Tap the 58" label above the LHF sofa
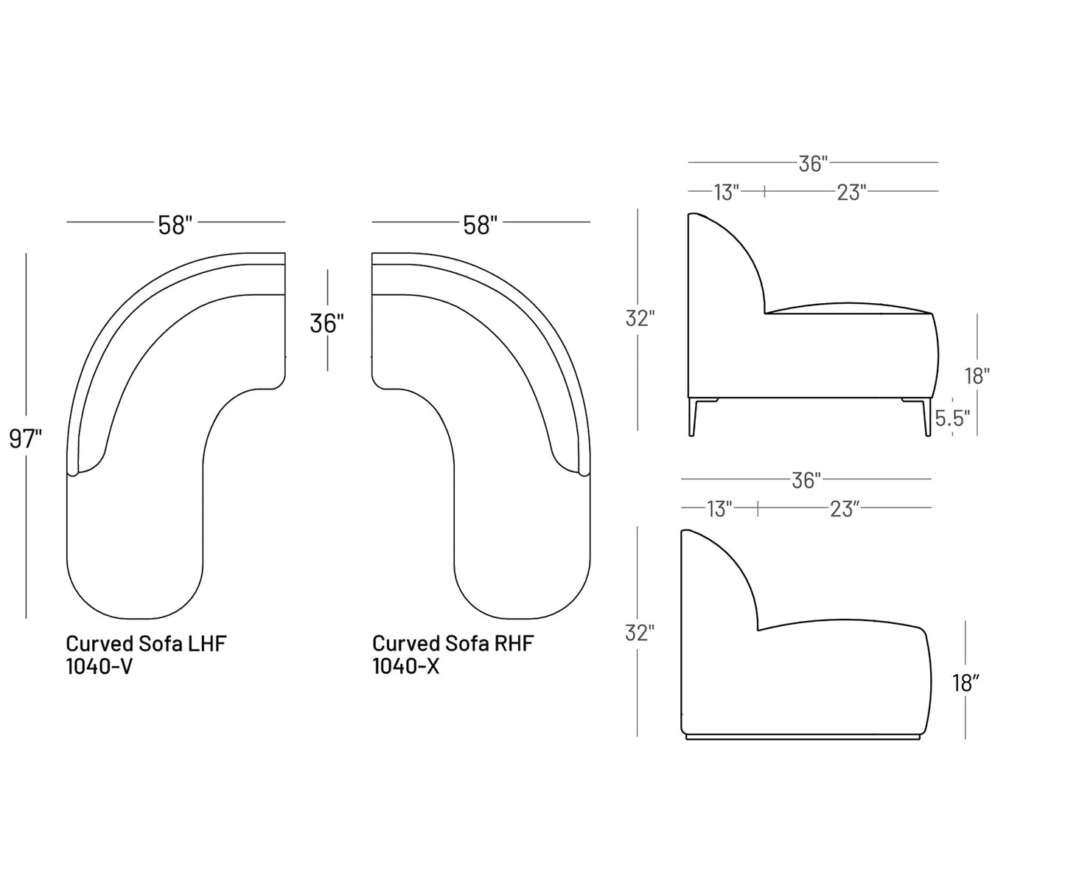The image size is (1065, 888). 175,224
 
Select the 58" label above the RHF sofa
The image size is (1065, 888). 481,224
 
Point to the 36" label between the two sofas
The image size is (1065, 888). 327,322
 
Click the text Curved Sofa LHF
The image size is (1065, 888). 146,643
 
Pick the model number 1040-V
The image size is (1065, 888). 99,666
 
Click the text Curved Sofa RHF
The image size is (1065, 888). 453,643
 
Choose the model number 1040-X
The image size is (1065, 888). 406,666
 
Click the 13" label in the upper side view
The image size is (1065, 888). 726,192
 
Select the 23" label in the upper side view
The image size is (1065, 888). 850,192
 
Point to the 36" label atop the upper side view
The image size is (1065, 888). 814,164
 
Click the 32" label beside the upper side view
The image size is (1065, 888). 640,319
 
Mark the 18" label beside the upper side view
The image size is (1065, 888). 977,375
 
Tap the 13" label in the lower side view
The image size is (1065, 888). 719,509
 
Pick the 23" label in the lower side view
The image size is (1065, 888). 844,509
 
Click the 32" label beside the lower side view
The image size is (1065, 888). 639,633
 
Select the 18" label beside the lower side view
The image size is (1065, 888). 966,684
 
